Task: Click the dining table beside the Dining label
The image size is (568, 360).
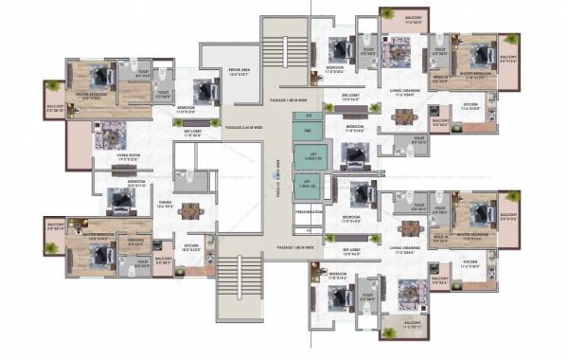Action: (x=191, y=211)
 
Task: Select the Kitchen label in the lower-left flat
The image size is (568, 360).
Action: (x=190, y=249)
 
